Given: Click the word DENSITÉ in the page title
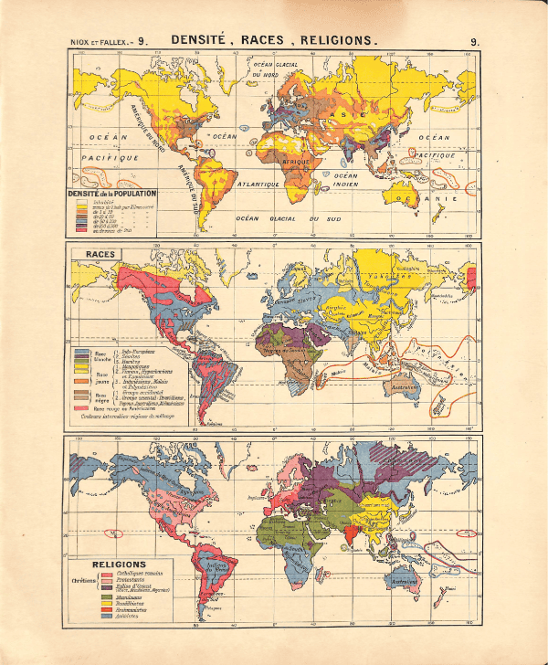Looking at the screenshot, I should point(201,41).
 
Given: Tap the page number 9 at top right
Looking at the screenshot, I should point(475,41).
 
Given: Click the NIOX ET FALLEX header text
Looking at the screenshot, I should point(101,42).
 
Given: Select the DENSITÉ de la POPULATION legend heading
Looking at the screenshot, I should point(115,194).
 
